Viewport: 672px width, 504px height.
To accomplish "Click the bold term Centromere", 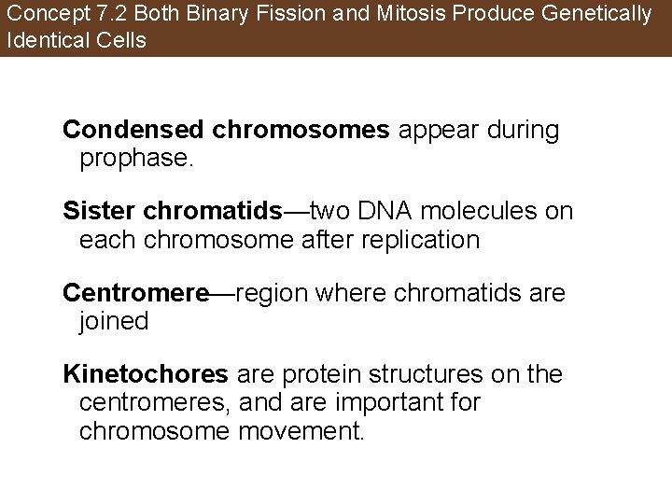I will pyautogui.click(x=136, y=294).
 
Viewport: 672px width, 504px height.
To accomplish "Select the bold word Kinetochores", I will pyautogui.click(x=146, y=375).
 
